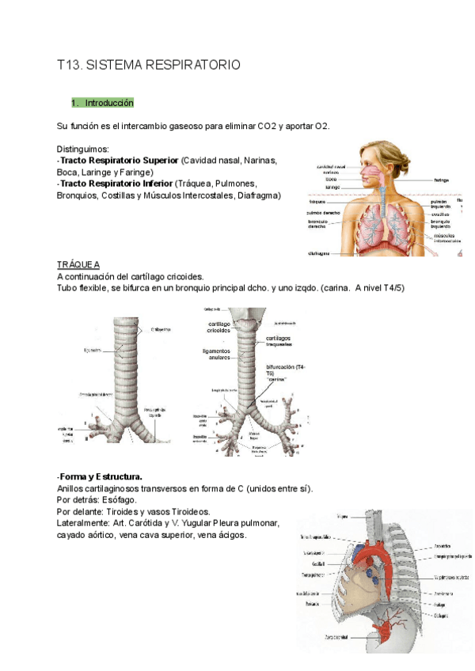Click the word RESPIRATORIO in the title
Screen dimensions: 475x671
click(x=190, y=65)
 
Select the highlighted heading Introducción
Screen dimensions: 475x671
click(x=110, y=104)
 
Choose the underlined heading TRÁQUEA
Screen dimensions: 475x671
click(x=78, y=264)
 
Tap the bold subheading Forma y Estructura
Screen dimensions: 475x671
click(x=101, y=477)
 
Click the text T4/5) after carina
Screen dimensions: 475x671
click(x=389, y=287)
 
